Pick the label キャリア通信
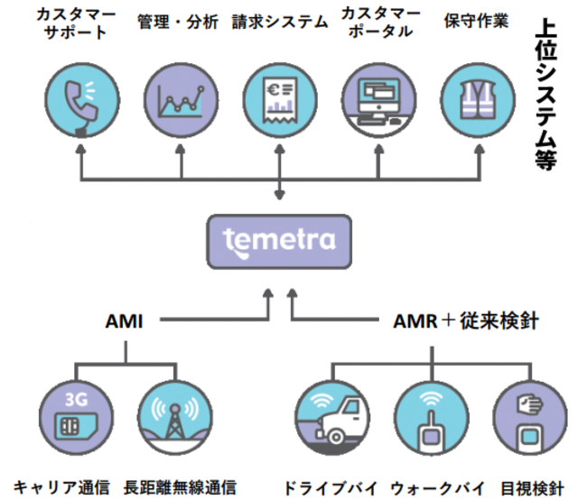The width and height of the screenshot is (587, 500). click(x=63, y=487)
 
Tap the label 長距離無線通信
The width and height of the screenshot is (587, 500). click(x=180, y=487)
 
